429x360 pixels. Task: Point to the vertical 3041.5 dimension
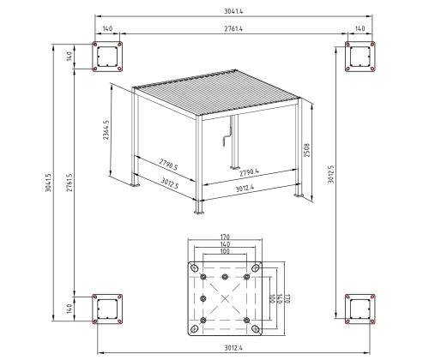(x=49, y=182)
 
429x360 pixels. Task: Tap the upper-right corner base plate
(x=359, y=57)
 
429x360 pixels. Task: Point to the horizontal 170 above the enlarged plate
(x=224, y=238)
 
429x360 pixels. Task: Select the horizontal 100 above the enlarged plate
(x=224, y=253)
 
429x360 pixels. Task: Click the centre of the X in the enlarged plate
(x=224, y=299)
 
